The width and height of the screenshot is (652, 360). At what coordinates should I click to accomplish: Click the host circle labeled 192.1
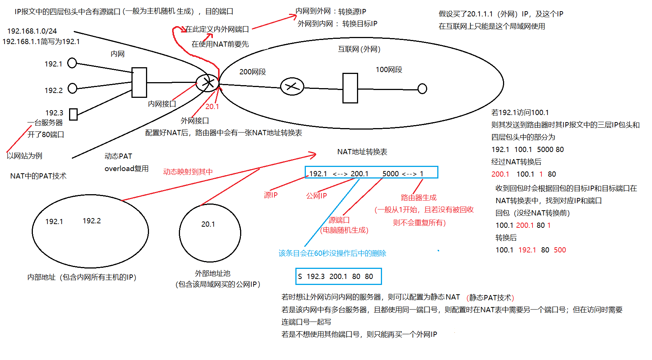pos(72,63)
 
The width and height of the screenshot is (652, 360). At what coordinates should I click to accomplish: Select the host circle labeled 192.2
pos(72,89)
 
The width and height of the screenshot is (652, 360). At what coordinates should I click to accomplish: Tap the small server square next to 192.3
pos(74,114)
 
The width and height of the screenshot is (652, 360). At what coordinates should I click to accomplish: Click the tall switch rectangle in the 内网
pos(139,83)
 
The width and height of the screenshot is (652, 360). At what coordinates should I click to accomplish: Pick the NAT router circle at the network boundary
pos(207,83)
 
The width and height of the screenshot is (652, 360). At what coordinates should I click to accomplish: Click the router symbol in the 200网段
pos(292,87)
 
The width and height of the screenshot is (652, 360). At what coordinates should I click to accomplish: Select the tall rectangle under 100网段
pos(350,88)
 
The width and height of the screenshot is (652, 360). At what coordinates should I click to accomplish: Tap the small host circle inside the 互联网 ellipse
pos(422,89)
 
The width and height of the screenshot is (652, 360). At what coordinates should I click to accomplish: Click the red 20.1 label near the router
pos(212,106)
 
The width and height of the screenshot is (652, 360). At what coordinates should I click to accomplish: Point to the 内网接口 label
pos(162,104)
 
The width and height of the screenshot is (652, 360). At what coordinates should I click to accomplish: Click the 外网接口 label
pos(195,121)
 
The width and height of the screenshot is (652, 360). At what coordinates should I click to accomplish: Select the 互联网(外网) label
pos(359,49)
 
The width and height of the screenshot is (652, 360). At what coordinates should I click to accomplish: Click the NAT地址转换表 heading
pos(362,152)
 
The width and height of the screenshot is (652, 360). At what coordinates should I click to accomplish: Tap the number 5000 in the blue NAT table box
pos(391,174)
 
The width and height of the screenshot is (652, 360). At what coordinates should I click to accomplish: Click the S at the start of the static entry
pos(300,276)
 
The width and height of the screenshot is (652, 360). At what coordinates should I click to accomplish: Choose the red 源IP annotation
pos(270,195)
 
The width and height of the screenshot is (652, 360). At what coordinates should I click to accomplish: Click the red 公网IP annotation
pos(316,196)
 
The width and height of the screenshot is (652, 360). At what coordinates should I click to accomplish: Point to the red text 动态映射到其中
pos(188,172)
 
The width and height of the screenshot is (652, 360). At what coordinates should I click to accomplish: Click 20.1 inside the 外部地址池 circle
pos(208,224)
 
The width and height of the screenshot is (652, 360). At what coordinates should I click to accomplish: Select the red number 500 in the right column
pos(560,250)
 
